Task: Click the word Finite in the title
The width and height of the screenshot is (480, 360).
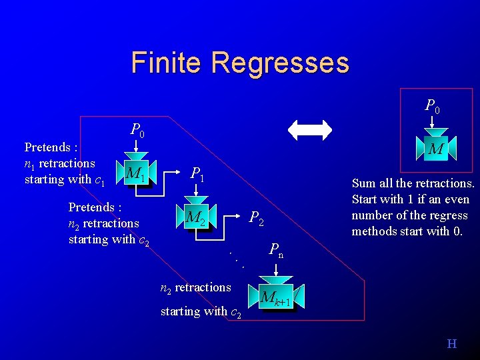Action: pos(167,63)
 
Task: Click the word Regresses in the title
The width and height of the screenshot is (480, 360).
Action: pos(279,63)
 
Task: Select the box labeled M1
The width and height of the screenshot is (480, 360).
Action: pos(136,175)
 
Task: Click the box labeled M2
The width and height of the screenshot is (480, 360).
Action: pos(195,217)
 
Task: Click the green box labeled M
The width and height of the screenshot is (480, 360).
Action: pos(436,149)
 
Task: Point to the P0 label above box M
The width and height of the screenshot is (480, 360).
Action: pos(433,105)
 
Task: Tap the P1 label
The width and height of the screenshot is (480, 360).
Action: pos(197,175)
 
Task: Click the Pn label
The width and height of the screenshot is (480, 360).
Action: pos(276,251)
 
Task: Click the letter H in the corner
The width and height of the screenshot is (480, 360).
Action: pos(452,344)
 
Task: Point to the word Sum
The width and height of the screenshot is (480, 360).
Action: pos(363,183)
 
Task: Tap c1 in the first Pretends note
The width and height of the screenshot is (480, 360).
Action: pos(100,180)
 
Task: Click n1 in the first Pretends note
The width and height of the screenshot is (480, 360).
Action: pos(29,164)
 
